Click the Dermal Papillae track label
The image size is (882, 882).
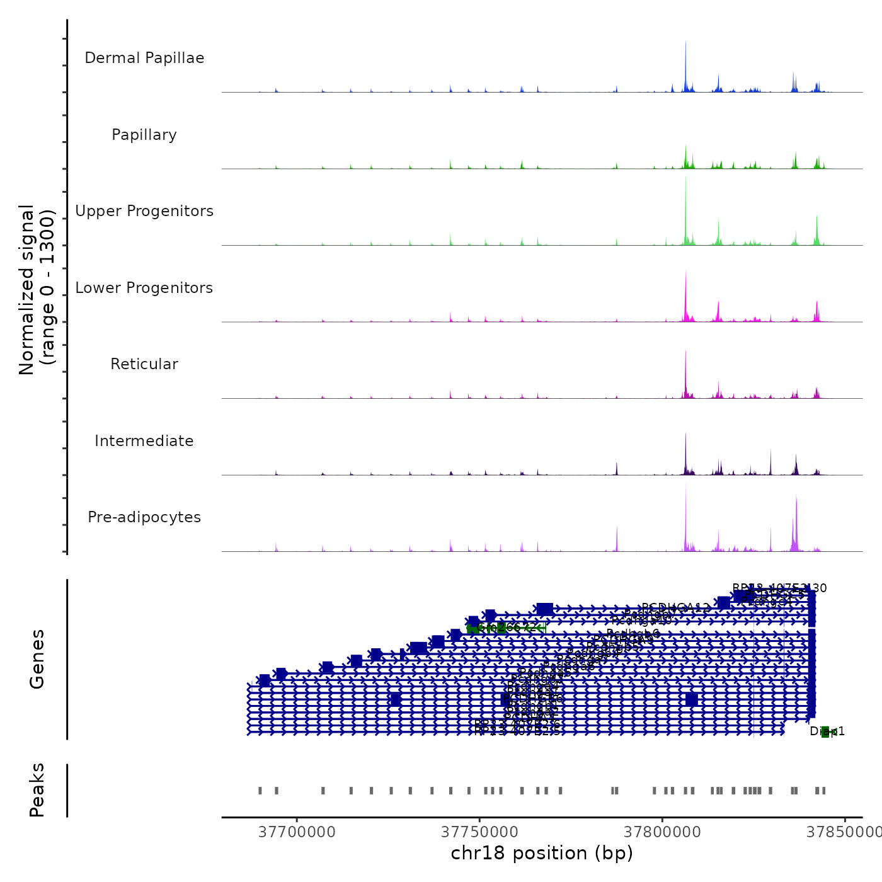point(144,58)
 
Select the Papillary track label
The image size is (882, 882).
point(144,135)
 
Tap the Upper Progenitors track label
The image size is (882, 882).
point(144,211)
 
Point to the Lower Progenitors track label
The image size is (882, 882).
point(144,288)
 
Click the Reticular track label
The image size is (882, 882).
point(144,364)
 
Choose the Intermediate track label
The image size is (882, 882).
point(144,441)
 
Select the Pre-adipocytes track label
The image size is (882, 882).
point(144,517)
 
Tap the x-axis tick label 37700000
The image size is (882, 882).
point(297,832)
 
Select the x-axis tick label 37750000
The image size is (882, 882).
point(480,832)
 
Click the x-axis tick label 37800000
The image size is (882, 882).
point(663,832)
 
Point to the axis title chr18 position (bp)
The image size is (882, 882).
point(542,853)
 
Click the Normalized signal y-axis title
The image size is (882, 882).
point(37,290)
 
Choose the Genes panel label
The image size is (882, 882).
point(37,659)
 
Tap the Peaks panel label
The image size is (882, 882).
point(37,790)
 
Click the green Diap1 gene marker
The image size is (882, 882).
point(825,731)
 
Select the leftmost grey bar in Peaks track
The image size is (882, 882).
point(260,791)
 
